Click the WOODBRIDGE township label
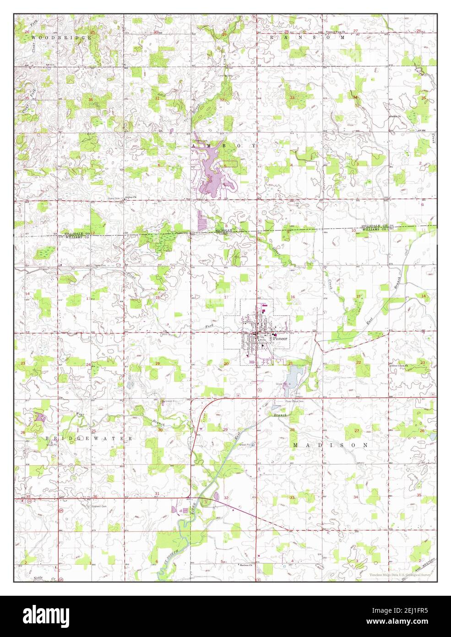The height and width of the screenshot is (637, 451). (x=61, y=37)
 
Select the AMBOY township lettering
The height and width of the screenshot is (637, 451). (x=222, y=145)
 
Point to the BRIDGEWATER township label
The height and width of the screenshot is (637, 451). (x=89, y=439)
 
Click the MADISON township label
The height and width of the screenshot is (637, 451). (x=330, y=445)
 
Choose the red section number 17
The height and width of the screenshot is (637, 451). (x=226, y=298)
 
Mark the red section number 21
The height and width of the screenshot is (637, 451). (x=290, y=363)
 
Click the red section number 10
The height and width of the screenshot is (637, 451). (x=353, y=230)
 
